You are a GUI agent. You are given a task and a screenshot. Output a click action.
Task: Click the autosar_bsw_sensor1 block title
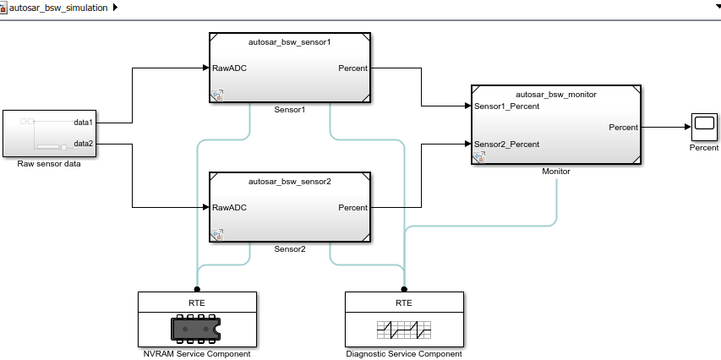pos(289,41)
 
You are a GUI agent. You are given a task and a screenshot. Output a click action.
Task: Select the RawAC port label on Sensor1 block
pos(230,68)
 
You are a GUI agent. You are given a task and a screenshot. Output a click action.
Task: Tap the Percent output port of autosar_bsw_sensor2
pos(352,207)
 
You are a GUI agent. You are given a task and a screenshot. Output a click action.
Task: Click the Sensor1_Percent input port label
pos(507,106)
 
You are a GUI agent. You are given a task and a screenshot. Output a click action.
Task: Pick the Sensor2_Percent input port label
pos(507,144)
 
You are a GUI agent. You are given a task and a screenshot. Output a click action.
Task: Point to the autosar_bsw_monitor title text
pos(556,95)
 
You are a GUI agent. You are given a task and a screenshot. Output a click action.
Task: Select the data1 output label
pos(83,123)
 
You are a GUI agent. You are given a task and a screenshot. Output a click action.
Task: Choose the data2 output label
pos(83,144)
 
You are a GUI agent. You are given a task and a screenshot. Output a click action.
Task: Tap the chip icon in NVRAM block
pos(196,327)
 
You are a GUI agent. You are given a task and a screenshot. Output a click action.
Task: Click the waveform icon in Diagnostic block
pos(403,327)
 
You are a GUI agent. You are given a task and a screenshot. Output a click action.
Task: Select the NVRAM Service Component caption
pos(196,353)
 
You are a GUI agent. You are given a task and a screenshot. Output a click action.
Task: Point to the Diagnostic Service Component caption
pos(404,353)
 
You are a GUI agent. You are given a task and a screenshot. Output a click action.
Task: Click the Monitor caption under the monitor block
pos(555,171)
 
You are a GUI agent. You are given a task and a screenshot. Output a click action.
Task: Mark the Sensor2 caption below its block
pos(289,249)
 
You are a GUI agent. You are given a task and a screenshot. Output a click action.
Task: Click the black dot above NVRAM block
pos(196,287)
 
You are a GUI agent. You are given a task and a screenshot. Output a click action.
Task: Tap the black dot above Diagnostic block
pos(404,287)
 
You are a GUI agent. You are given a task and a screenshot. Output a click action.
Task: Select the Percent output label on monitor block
pos(623,127)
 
